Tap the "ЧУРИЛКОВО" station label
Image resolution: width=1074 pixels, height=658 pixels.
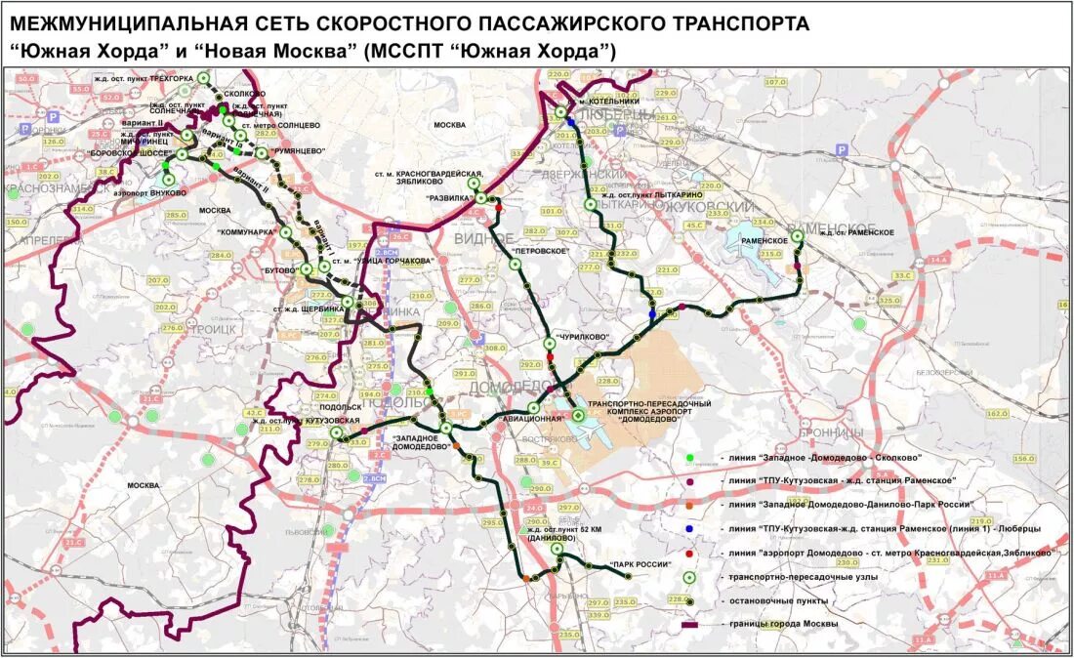coord(582,338)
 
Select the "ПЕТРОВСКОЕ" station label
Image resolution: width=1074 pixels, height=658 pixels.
coord(539,251)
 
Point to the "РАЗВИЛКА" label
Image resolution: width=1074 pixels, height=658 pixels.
coord(450,198)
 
